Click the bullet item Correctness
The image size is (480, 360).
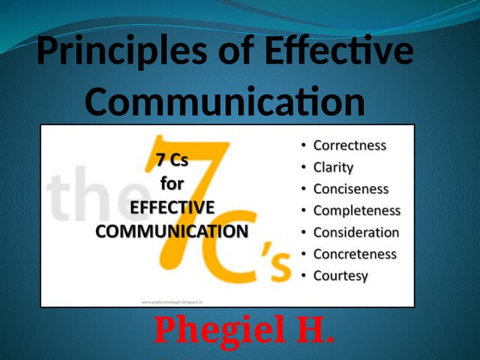click(349, 145)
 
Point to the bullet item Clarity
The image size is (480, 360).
click(333, 167)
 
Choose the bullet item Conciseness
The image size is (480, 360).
click(351, 189)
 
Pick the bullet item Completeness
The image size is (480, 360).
click(356, 211)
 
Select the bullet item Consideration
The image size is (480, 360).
click(356, 232)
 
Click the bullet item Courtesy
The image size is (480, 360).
click(340, 276)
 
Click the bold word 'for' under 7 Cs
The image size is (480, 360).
click(172, 184)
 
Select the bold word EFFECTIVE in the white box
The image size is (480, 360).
click(172, 207)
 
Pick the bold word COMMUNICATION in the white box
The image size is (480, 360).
click(172, 230)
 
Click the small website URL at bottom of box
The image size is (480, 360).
click(172, 301)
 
